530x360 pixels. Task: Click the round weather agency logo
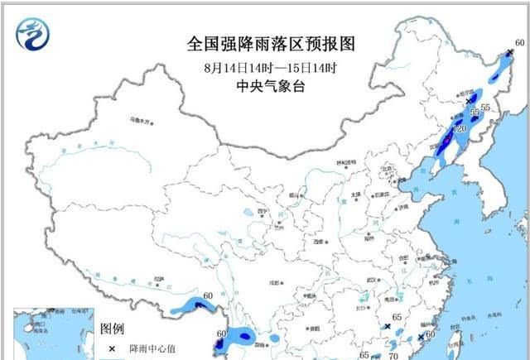pos(33,34)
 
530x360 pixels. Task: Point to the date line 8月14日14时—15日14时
pos(266,67)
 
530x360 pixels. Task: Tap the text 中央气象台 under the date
pos(266,85)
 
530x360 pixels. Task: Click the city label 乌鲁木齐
pos(142,120)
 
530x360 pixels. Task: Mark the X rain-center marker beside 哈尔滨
pos(469,99)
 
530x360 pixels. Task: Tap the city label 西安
pos(319,241)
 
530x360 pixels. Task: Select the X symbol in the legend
pos(111,349)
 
